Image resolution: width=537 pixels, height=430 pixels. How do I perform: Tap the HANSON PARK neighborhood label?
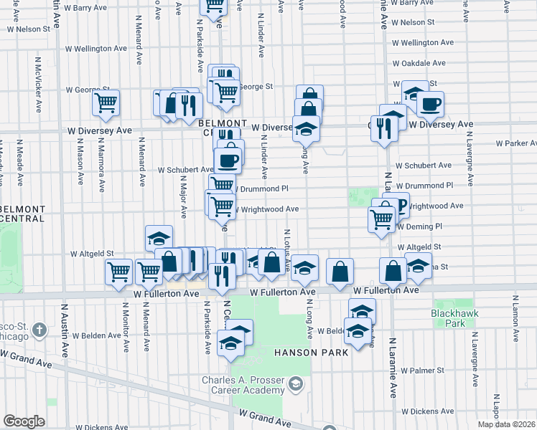[x=311, y=352]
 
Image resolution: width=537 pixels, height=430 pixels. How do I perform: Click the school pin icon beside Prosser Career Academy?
[x=294, y=386]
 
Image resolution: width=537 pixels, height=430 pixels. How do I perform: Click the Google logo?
[x=24, y=421]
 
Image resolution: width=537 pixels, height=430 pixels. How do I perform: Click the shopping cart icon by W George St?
[x=106, y=102]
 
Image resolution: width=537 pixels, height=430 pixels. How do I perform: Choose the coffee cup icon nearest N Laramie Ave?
[x=430, y=104]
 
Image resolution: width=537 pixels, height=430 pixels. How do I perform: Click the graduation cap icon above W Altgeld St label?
[x=159, y=238]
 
